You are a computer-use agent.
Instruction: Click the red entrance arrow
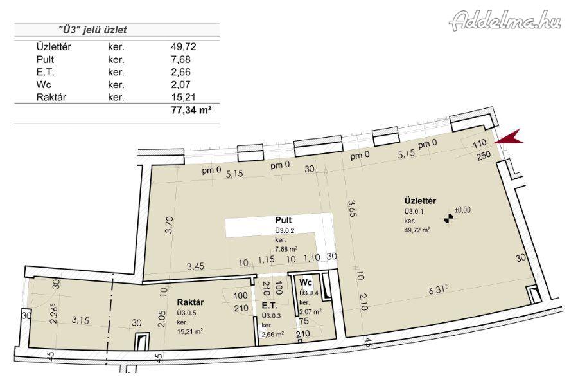511,138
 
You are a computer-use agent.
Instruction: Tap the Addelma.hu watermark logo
505,20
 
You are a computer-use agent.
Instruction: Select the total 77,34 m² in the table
191,110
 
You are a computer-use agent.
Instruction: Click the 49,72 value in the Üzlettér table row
183,47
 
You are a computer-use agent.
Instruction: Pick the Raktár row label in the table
51,98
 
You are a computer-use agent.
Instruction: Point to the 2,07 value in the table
180,84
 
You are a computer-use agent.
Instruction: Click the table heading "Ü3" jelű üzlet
92,30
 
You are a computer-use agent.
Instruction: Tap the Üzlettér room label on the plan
420,201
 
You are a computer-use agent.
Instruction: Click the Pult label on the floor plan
283,220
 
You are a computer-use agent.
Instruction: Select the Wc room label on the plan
306,283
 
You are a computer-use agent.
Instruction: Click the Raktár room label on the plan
190,302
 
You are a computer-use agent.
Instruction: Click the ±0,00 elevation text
462,210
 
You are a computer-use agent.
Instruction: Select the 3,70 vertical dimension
169,225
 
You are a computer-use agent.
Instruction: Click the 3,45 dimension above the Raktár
195,266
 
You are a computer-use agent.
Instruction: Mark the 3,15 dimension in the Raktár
80,320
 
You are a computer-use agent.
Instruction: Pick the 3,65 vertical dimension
352,208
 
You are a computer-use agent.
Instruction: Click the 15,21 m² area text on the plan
190,331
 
